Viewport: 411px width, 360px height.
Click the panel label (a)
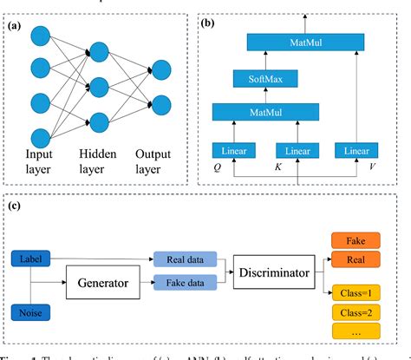click(x=16, y=26)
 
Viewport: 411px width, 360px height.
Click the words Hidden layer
click(x=100, y=161)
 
